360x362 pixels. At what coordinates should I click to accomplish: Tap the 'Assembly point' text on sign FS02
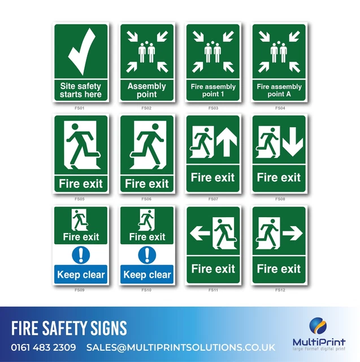[146, 90]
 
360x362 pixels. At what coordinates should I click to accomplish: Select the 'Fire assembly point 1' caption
[213, 90]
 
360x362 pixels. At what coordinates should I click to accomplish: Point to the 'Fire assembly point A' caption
[279, 90]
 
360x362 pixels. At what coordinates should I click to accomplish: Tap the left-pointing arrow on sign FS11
[199, 232]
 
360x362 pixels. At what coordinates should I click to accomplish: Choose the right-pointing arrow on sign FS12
[292, 231]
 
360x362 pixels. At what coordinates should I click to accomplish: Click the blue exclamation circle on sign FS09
[81, 255]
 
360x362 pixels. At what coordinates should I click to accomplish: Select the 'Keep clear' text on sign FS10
[147, 275]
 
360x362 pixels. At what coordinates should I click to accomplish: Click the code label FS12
[280, 290]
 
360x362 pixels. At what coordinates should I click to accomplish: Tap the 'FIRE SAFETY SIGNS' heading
[69, 328]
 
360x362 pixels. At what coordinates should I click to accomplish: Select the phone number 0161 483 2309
[44, 347]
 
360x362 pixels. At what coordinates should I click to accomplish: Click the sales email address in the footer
[181, 347]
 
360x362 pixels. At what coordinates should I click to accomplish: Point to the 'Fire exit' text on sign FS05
[80, 183]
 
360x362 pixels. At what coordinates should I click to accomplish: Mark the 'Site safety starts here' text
[81, 90]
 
